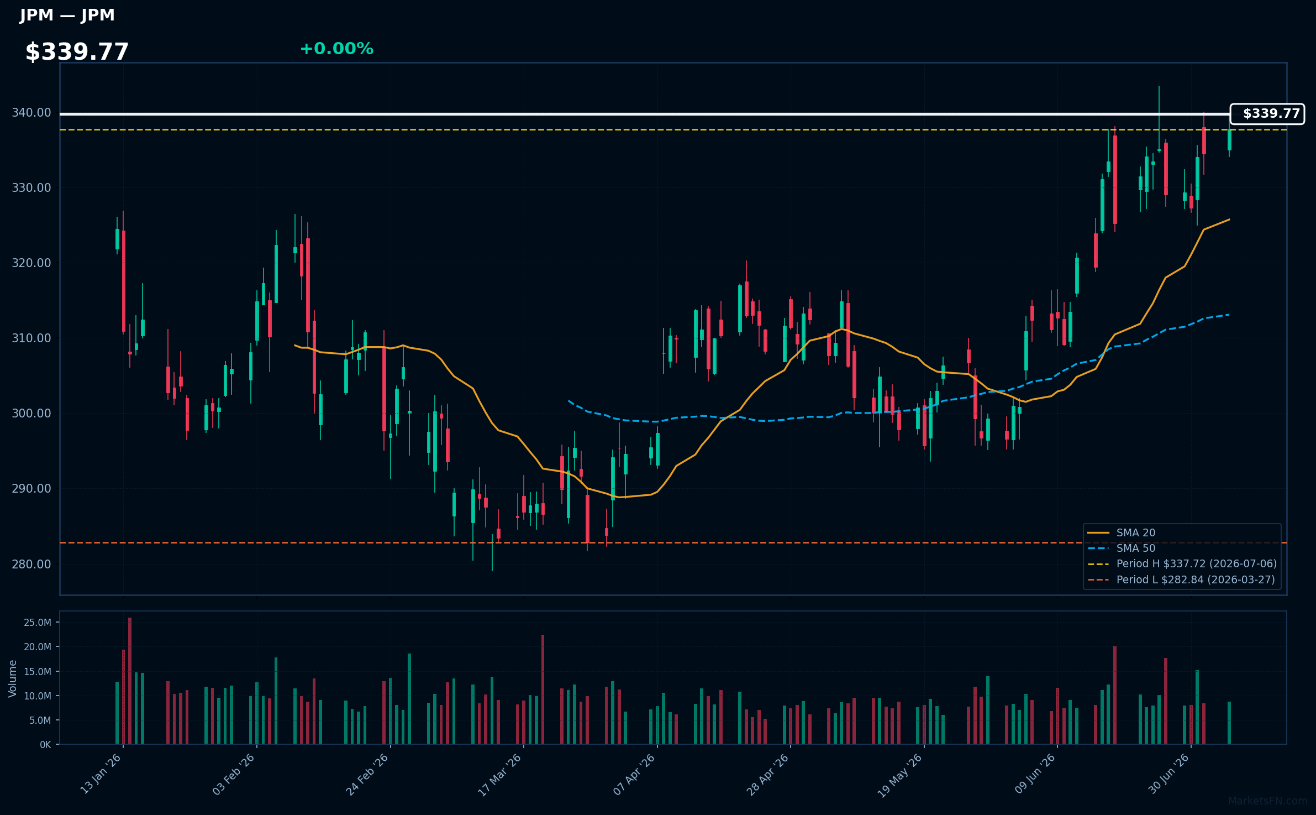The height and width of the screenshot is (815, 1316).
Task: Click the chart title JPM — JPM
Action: (67, 15)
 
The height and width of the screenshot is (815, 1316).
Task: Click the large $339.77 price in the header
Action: (77, 52)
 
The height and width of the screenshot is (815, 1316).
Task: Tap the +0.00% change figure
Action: (336, 49)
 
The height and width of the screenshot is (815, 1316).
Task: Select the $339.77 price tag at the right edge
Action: (1267, 114)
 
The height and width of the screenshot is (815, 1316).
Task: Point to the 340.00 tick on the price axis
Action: (31, 113)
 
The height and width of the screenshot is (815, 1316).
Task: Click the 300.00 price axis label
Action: (31, 414)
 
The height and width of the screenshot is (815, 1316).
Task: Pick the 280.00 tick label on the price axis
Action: (31, 564)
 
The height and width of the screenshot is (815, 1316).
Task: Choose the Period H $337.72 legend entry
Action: (1182, 563)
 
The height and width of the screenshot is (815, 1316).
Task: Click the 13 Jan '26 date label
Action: (101, 774)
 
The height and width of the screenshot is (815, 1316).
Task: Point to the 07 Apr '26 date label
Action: (634, 774)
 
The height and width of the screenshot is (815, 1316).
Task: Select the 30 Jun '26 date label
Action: (1168, 774)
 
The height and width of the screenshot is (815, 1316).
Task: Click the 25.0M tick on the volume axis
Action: (38, 623)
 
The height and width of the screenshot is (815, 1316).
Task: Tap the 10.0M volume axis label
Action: (38, 696)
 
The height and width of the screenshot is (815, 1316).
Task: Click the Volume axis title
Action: (13, 678)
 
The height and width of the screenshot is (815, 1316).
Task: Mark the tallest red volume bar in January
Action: (130, 681)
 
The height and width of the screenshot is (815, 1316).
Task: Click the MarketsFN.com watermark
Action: (1268, 801)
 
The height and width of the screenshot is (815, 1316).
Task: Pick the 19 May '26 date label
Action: (901, 774)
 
